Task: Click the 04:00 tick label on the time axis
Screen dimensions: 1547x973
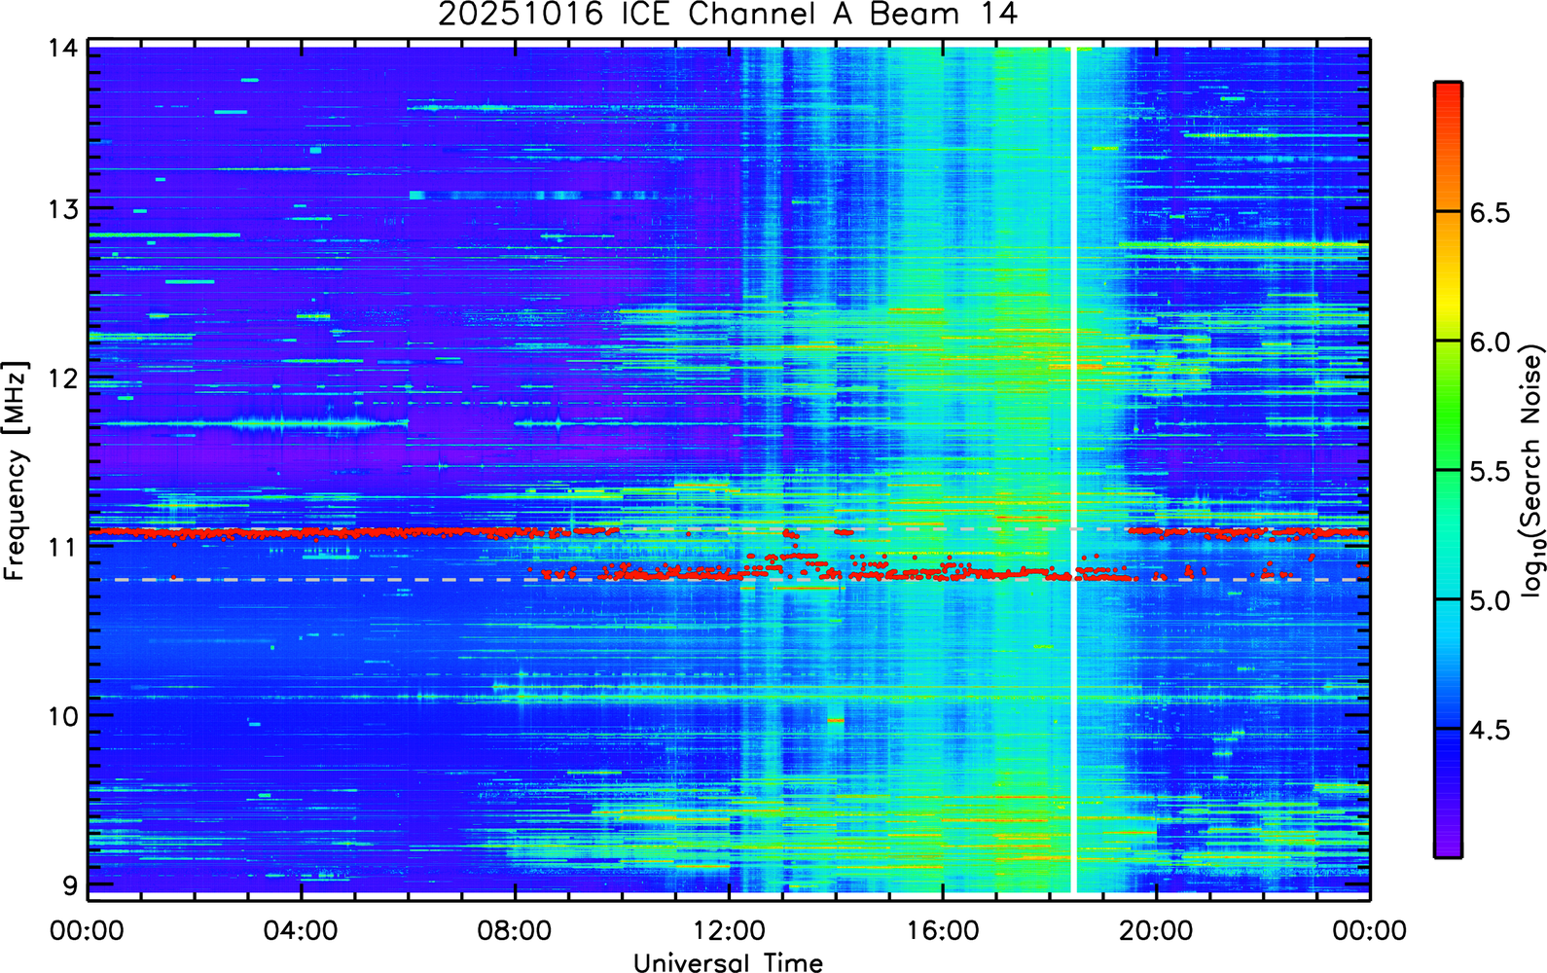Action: click(x=301, y=930)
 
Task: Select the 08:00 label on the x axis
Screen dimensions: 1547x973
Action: click(x=515, y=930)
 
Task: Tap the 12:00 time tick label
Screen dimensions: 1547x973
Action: click(x=729, y=930)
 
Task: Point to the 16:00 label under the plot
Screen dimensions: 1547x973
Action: click(x=943, y=930)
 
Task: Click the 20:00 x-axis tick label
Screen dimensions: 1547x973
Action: click(x=1156, y=930)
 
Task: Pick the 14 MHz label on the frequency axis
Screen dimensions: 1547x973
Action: click(x=63, y=49)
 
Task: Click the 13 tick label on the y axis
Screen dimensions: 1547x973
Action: click(x=63, y=208)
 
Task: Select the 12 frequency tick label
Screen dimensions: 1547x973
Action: click(x=63, y=378)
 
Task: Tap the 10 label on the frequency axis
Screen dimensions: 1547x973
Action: click(x=63, y=716)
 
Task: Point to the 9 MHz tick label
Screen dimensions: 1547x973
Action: click(x=71, y=885)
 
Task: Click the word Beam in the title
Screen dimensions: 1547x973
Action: click(x=914, y=14)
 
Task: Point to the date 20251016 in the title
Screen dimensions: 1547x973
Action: click(x=521, y=14)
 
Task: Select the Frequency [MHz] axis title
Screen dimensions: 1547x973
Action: click(x=16, y=471)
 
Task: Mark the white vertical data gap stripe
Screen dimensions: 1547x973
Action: click(x=1074, y=470)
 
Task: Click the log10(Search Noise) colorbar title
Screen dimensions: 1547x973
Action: click(x=1532, y=470)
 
